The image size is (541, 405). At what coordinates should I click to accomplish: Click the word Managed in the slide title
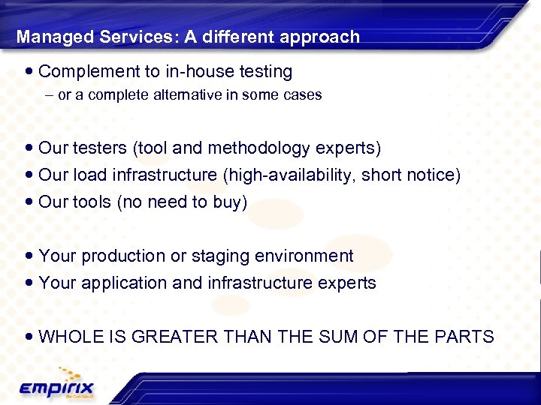[x=47, y=37]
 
